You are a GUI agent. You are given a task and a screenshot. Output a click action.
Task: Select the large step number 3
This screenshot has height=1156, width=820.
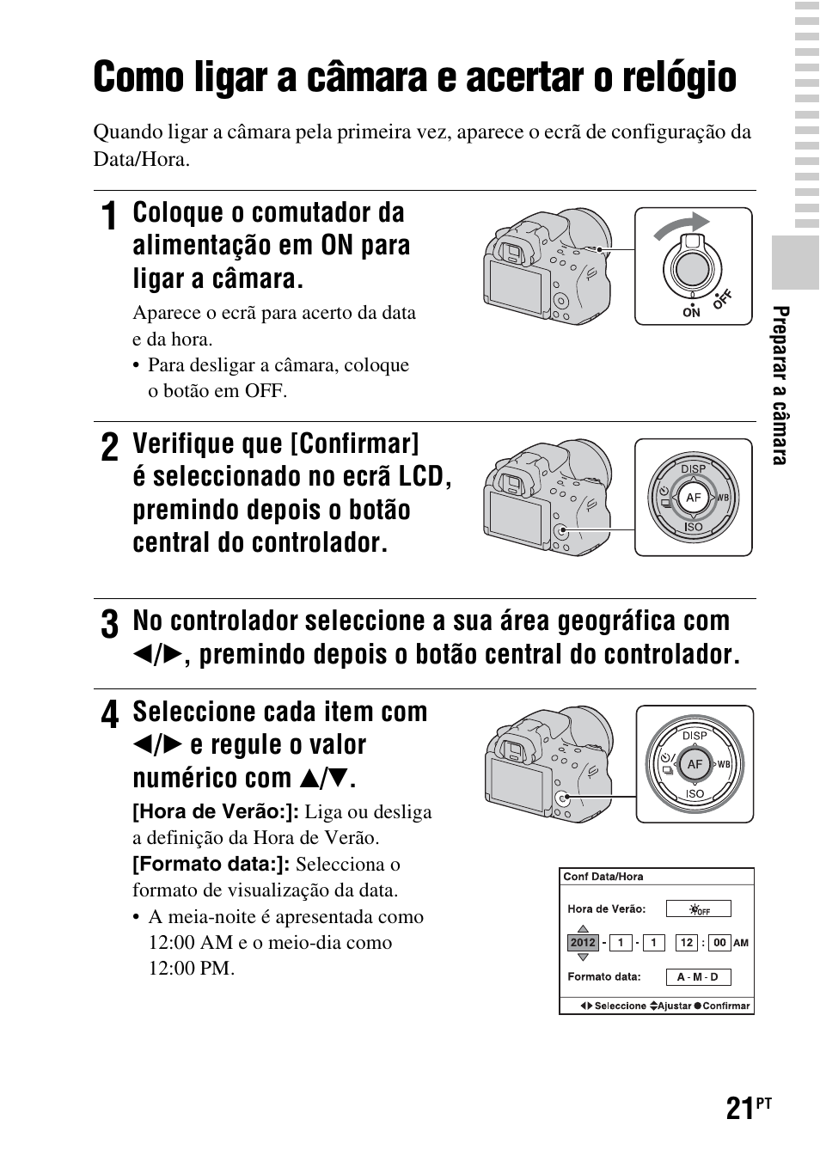[108, 625]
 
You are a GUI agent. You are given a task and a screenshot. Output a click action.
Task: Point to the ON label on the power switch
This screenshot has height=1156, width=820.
[691, 313]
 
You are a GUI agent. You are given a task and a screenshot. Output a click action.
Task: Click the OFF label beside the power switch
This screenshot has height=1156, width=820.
[722, 298]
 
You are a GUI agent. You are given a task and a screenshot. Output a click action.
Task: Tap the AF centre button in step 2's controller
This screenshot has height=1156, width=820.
[693, 498]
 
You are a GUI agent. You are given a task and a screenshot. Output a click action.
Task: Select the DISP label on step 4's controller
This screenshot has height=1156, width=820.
[695, 736]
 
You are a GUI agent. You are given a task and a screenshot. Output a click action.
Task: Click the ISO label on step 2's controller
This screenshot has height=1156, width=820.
[693, 527]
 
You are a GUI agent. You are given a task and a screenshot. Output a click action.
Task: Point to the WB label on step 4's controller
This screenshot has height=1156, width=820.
[724, 764]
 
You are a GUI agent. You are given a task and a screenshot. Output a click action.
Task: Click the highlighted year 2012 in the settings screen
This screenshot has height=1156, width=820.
[583, 943]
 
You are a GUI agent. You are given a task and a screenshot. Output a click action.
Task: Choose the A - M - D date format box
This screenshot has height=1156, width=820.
[698, 977]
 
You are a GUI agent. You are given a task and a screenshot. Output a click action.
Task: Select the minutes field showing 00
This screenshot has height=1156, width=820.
[719, 943]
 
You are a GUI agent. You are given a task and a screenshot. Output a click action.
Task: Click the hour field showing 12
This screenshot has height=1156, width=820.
[686, 943]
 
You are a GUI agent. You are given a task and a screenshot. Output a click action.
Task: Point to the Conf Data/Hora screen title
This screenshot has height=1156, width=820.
[603, 877]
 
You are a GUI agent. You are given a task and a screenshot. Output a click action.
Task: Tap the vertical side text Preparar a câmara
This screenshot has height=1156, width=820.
[780, 385]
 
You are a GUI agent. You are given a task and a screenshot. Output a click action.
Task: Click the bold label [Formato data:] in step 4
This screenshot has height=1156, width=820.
[211, 864]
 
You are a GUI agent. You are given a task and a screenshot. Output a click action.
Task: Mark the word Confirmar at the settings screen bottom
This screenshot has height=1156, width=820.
[725, 1006]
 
